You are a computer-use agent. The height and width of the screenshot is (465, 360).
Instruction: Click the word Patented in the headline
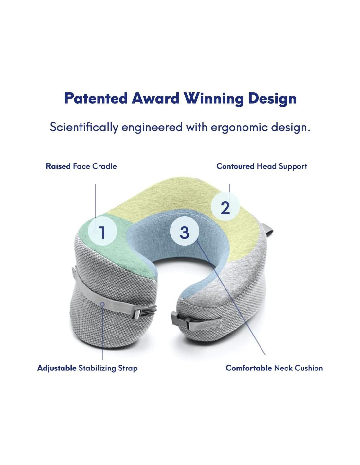tap(96, 98)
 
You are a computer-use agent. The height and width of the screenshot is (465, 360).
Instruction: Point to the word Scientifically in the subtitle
tap(84, 128)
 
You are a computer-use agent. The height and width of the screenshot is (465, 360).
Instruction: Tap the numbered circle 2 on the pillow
tap(225, 207)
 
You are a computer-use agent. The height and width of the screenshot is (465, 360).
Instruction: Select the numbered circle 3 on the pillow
tap(185, 232)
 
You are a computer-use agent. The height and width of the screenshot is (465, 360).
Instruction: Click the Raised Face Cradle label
tap(81, 166)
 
